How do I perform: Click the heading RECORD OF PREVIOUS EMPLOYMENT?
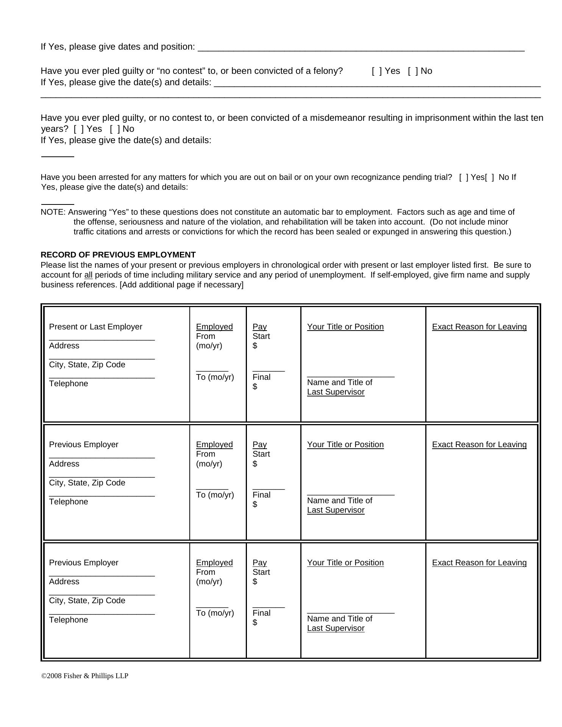[x=118, y=255]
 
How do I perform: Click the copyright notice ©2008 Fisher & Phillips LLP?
[x=85, y=676]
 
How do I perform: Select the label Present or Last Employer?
[x=95, y=327]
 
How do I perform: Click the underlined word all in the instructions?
[x=88, y=275]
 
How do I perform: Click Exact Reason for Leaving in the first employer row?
[x=479, y=327]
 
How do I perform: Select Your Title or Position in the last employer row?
[x=345, y=563]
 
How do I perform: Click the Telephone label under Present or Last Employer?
[x=69, y=384]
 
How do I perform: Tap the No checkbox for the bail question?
[x=490, y=178]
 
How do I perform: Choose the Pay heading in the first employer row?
[x=259, y=327]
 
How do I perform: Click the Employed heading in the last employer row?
[x=214, y=563]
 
